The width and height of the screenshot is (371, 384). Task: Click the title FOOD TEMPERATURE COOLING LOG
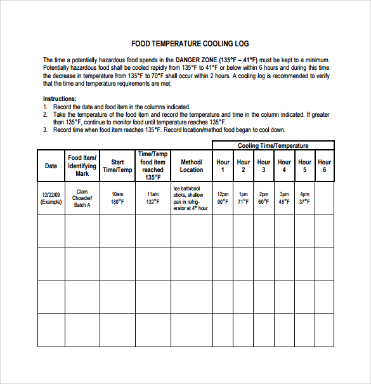[190, 44]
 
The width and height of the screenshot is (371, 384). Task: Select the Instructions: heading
[60, 99]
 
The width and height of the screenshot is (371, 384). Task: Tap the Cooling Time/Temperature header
[273, 145]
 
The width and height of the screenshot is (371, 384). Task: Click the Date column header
[51, 166]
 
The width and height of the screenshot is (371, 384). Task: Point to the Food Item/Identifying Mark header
[82, 165]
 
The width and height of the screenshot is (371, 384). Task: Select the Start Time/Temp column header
[117, 166]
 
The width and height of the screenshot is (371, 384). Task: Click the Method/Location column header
[191, 166]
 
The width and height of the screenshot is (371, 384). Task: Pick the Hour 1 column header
[223, 166]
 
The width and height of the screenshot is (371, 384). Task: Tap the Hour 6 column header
[325, 166]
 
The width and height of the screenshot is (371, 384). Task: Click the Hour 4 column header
[284, 166]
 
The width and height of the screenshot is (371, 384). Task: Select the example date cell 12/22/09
[51, 198]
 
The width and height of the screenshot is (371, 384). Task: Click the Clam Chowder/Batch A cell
[82, 198]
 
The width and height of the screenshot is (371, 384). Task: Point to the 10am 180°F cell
[117, 198]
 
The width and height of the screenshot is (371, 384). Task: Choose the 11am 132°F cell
[153, 198]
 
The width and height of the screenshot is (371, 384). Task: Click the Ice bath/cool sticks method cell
[191, 198]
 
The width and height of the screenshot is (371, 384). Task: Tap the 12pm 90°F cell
[223, 198]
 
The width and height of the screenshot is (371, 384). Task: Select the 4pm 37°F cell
[304, 198]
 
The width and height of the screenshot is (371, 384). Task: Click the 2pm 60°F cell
[264, 198]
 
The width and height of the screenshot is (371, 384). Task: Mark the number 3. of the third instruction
[46, 129]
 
